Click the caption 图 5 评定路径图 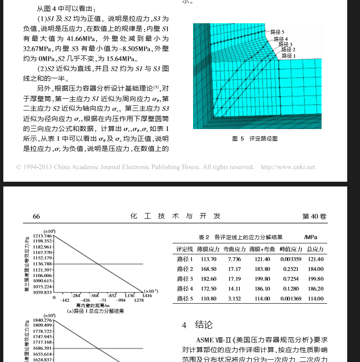(x=255, y=139)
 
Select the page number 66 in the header (x=36, y=216)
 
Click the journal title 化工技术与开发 (x=176, y=216)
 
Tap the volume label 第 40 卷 (x=314, y=216)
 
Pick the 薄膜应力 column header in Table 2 (x=208, y=249)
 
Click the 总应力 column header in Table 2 (x=315, y=249)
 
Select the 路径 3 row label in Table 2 (x=185, y=279)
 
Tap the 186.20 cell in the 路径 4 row (x=315, y=289)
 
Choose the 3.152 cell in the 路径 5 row (x=234, y=299)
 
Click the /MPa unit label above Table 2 (x=311, y=237)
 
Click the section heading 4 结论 (x=197, y=325)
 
